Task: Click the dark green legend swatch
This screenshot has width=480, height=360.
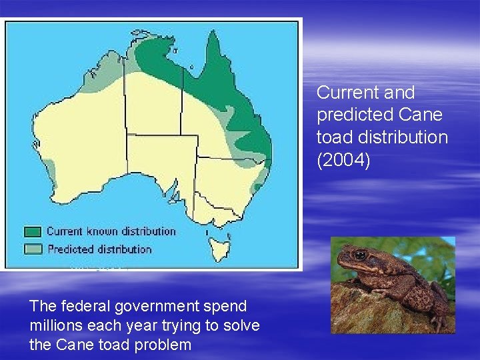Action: pos(32,232)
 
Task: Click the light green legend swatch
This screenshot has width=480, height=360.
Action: pos(32,249)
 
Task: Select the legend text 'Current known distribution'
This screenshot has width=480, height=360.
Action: pos(111,231)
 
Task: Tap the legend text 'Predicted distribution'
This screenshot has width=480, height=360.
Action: pos(99,249)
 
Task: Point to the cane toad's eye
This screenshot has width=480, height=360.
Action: pos(360,254)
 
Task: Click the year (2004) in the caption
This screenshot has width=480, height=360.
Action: pos(343,161)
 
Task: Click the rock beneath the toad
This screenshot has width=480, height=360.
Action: pos(373,313)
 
